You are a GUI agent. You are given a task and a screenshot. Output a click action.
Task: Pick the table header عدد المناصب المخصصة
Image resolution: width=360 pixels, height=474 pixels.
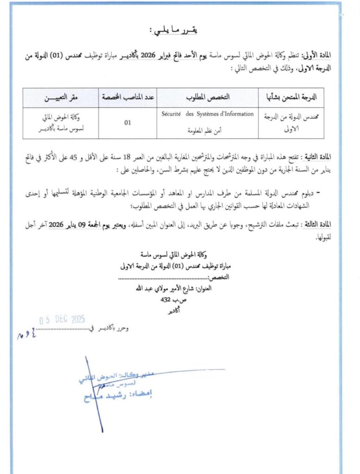click(129, 98)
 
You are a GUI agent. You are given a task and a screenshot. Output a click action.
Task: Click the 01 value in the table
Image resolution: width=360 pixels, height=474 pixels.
click(128, 123)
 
